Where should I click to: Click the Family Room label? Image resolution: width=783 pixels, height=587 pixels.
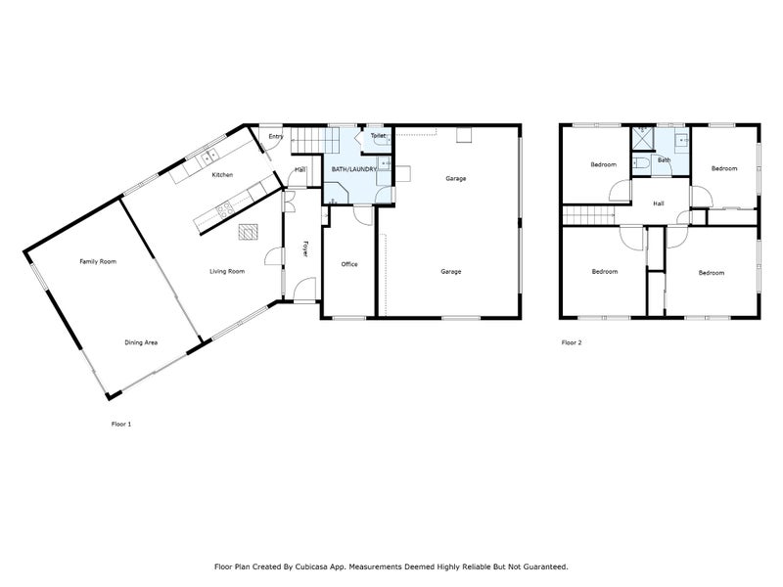pos(98,261)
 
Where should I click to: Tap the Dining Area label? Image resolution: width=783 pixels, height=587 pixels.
pos(142,342)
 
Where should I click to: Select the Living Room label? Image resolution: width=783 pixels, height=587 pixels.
pos(227,271)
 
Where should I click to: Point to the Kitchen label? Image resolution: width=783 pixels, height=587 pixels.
pos(222,175)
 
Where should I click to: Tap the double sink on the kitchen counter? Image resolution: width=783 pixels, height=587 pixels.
pos(207,158)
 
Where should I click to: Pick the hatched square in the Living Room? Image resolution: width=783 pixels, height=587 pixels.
pos(247,232)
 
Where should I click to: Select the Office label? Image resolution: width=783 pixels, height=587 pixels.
pos(348,264)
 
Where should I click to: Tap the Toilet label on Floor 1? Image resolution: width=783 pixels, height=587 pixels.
pos(378,136)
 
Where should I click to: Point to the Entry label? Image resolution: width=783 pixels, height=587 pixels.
pos(276,136)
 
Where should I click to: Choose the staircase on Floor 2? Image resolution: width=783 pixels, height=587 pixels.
pos(587,215)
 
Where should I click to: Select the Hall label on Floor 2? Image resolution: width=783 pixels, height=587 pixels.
pos(660,203)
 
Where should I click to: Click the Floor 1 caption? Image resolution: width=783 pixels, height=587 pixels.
pos(121,424)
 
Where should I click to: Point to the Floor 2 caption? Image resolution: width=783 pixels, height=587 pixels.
pos(572,342)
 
